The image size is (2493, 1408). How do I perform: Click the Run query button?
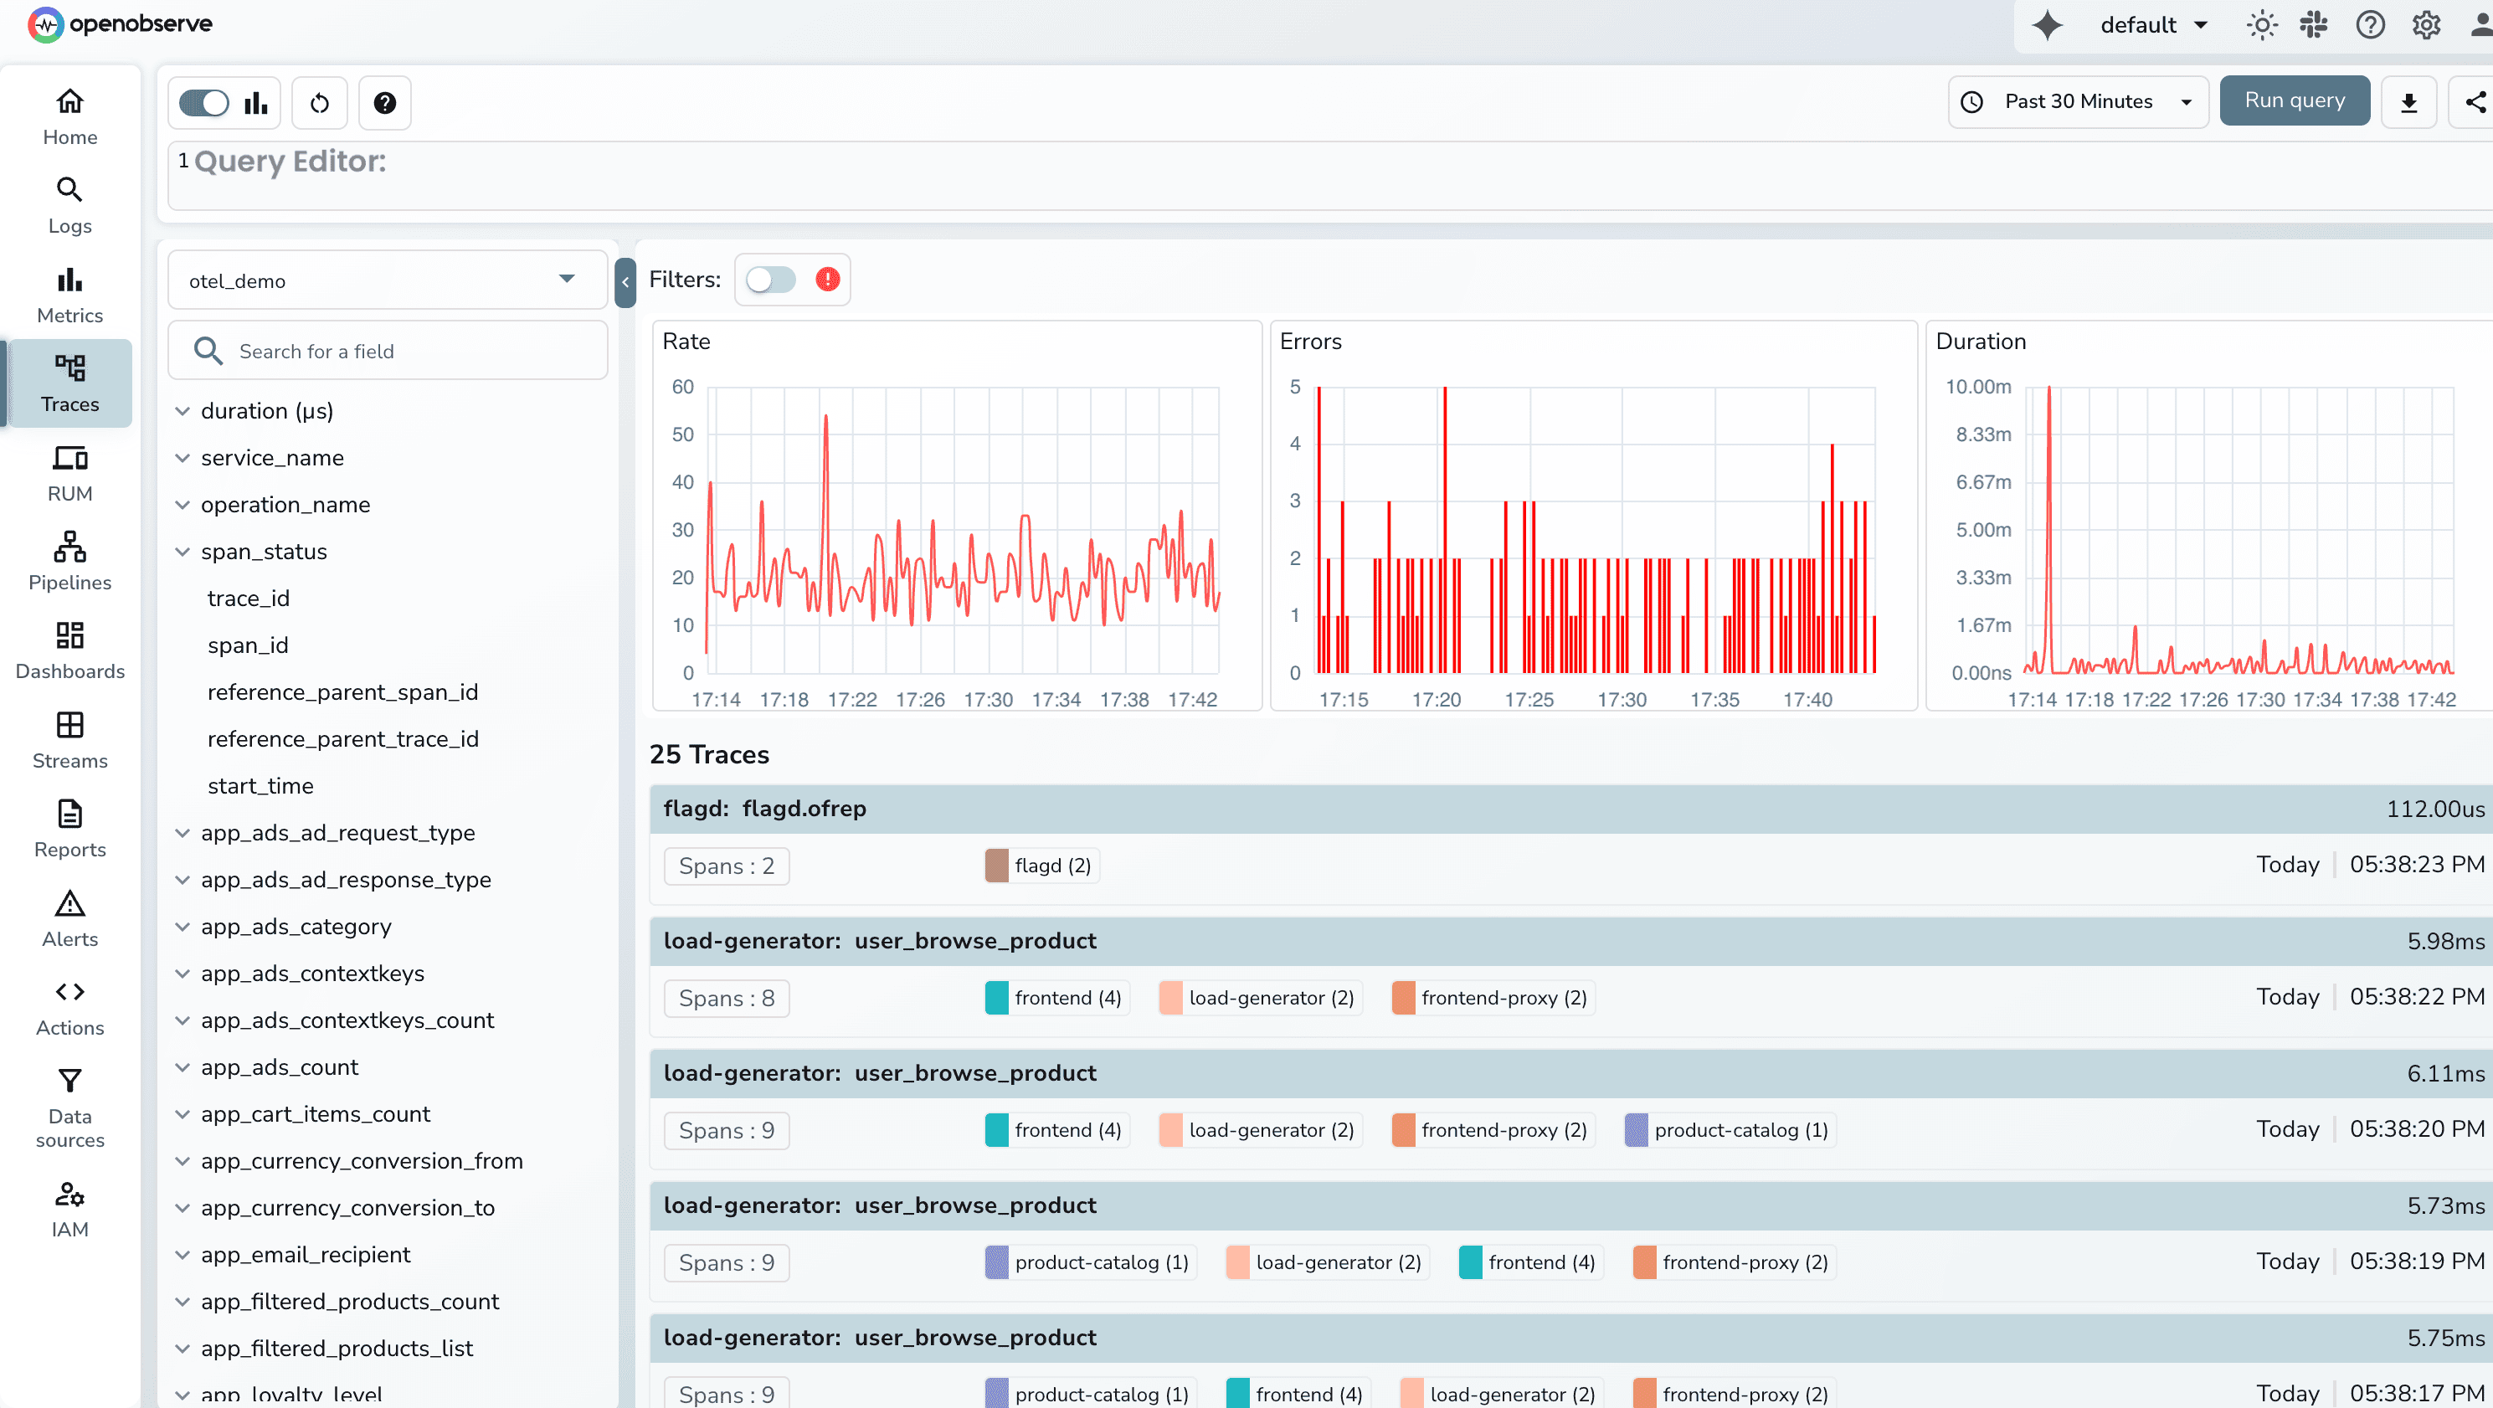(x=2294, y=100)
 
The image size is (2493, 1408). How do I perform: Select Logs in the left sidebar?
(x=69, y=205)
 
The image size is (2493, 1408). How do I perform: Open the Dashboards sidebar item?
(x=69, y=650)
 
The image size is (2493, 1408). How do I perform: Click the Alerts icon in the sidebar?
(x=69, y=904)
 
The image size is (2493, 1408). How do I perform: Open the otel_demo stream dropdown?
(x=387, y=280)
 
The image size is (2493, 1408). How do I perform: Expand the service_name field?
(x=272, y=458)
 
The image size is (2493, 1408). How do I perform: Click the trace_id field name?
(x=249, y=598)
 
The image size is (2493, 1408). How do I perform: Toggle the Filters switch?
(x=770, y=280)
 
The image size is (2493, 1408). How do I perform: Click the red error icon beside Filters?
(x=827, y=280)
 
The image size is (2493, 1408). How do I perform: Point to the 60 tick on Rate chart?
(x=682, y=387)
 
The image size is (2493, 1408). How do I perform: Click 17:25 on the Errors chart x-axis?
(x=1528, y=700)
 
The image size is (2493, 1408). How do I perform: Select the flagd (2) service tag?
(x=1041, y=865)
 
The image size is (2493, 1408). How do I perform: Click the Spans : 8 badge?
(x=726, y=998)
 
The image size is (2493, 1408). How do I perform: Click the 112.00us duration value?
(x=2434, y=809)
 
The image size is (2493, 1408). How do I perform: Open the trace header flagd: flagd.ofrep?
(x=764, y=809)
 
